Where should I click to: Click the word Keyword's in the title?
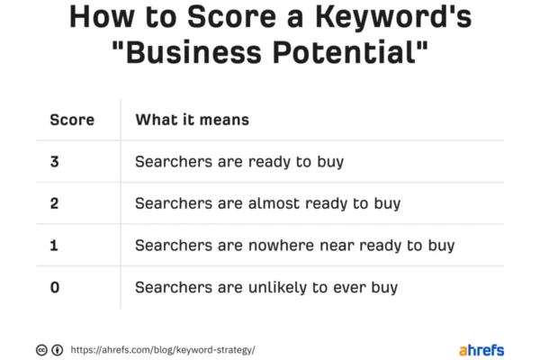pos(393,17)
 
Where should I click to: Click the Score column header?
pos(72,120)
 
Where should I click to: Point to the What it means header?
pos(193,120)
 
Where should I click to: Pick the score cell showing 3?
pos(54,162)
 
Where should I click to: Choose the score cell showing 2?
pos(54,203)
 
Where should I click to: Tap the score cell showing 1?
pos(54,246)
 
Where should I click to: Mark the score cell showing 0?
pos(55,287)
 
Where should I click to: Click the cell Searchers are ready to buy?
pos(239,162)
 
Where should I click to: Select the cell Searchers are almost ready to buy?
pos(268,203)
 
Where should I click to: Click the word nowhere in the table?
pos(281,246)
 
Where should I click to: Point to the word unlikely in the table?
pos(277,288)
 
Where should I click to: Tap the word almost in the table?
pos(274,203)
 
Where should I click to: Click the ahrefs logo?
pos(481,350)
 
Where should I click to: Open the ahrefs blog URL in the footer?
pos(163,350)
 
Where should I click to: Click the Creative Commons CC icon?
pos(41,350)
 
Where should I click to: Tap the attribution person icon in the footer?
pos(58,350)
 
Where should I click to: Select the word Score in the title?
pos(231,17)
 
